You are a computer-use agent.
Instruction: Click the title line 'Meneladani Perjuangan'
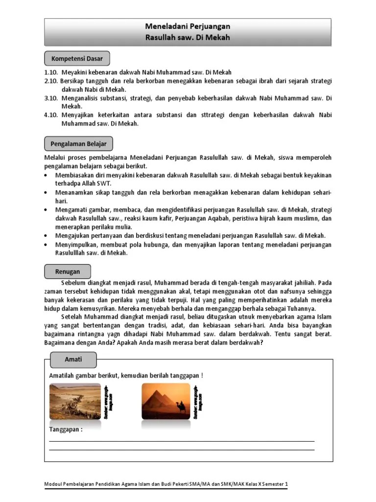point(188,26)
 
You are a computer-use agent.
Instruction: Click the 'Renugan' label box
point(68,271)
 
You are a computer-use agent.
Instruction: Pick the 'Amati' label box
point(73,359)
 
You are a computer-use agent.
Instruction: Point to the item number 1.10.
point(51,73)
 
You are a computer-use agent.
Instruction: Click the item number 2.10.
point(51,81)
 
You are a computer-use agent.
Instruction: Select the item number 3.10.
point(51,98)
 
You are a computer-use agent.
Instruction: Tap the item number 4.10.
point(51,115)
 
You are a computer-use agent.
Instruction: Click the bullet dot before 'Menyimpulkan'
point(46,245)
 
